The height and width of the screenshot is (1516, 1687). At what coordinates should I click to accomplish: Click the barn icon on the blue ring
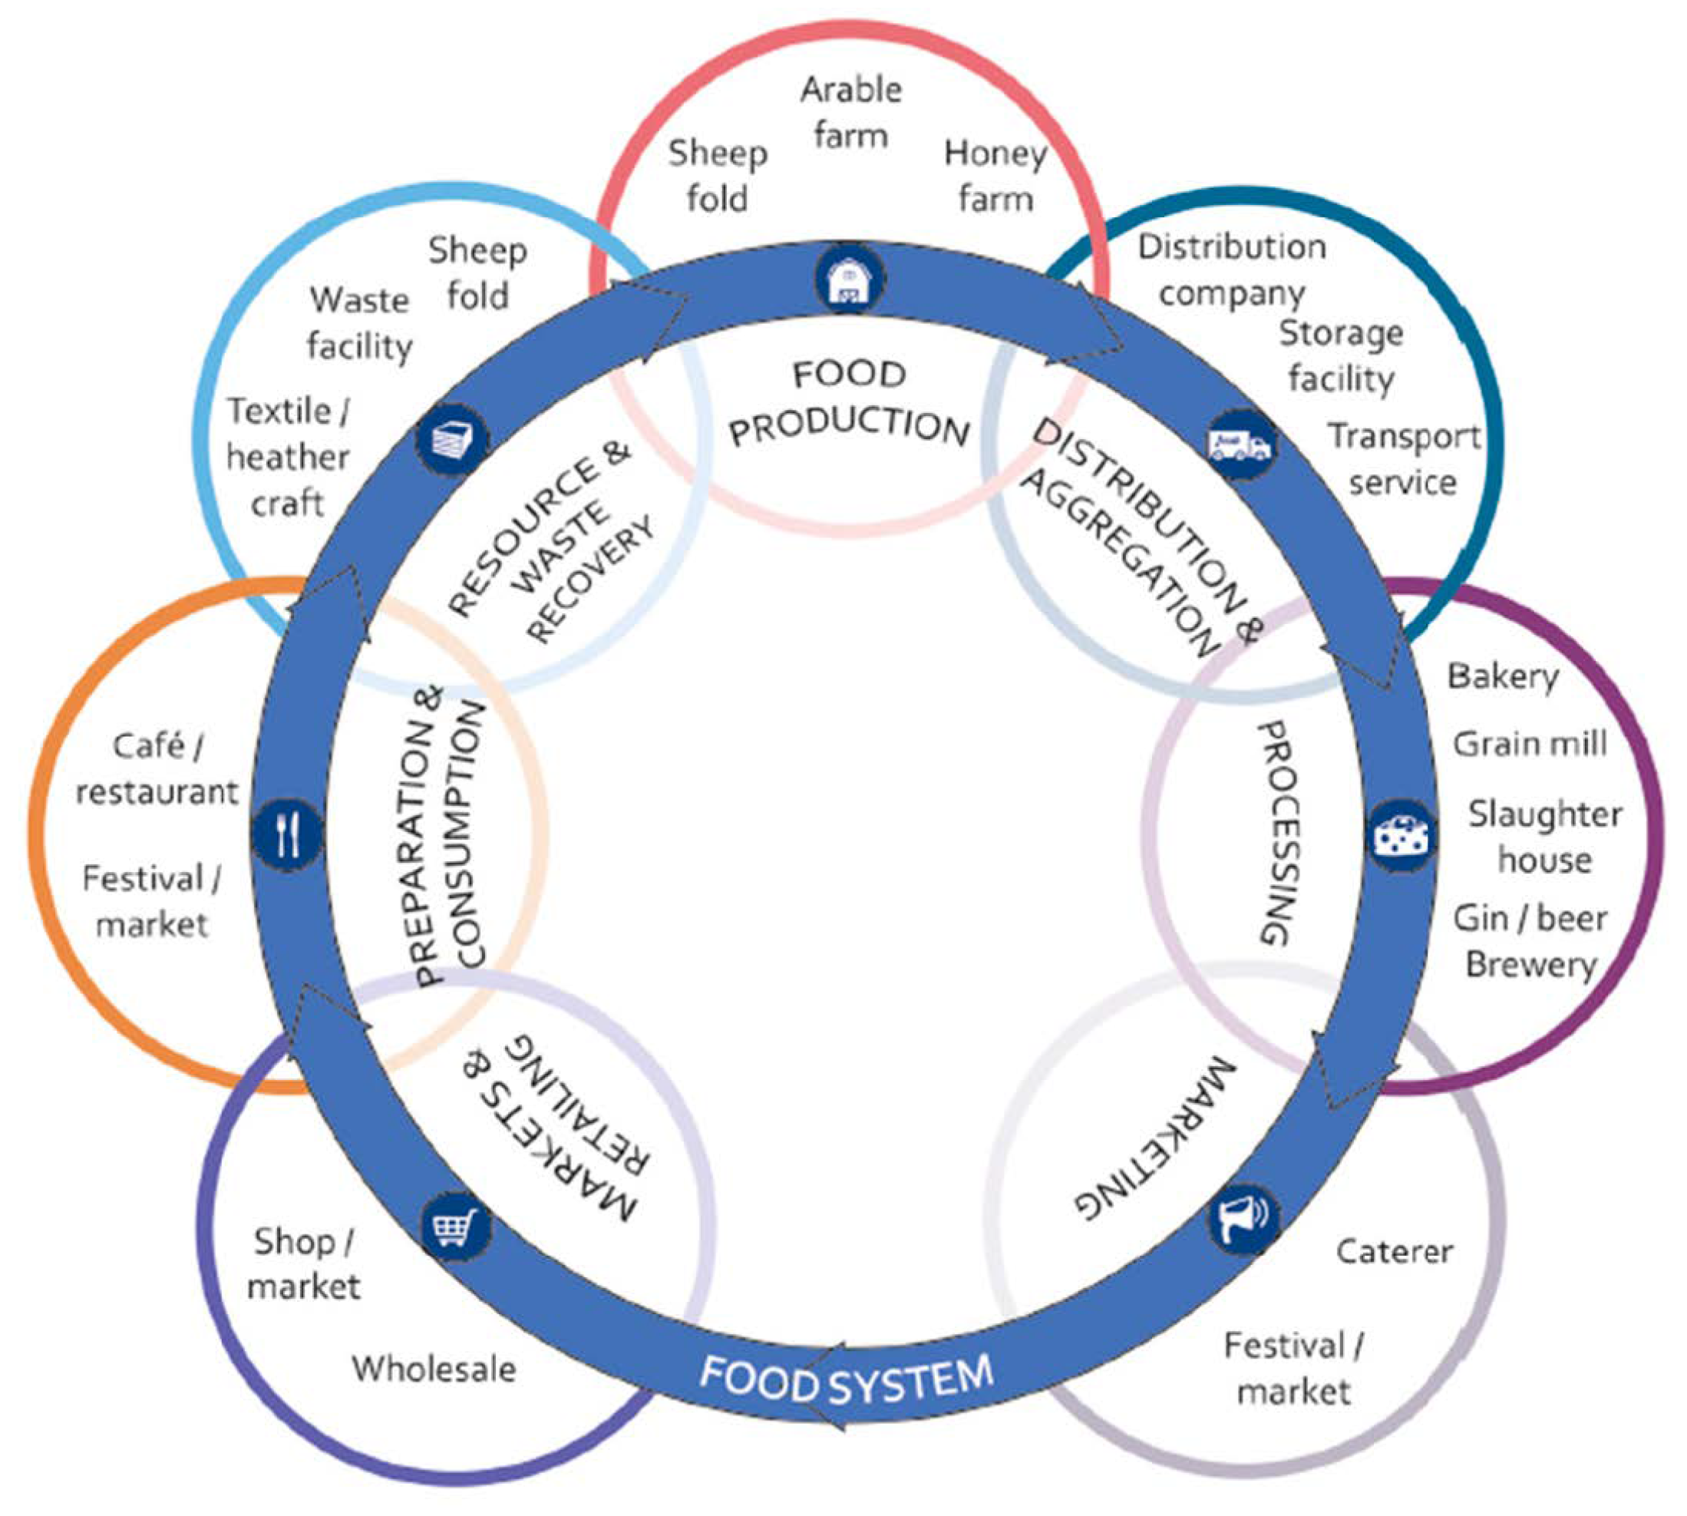849,281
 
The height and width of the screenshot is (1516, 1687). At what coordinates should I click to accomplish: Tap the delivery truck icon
1239,444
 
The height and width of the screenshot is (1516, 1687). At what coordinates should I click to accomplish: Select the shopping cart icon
454,1225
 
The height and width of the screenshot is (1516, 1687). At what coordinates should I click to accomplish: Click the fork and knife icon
287,834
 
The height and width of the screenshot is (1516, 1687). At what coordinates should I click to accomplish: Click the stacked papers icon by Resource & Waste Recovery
453,439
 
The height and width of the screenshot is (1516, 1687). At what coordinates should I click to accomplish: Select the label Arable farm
851,112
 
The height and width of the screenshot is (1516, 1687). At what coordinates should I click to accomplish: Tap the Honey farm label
995,176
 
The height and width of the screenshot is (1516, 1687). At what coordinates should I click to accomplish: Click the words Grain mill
1530,744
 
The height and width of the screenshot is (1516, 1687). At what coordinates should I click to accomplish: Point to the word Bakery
1502,676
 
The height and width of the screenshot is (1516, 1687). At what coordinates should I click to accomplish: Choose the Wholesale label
434,1369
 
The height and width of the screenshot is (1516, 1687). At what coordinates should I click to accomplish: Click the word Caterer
1395,1251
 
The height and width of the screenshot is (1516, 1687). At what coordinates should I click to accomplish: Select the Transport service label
1404,459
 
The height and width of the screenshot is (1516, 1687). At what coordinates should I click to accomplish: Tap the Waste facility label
360,323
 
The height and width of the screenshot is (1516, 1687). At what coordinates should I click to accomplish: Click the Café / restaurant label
157,769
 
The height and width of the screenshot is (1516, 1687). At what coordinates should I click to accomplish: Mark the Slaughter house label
1544,837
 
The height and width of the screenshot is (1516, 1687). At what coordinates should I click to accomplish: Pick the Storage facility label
1341,355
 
